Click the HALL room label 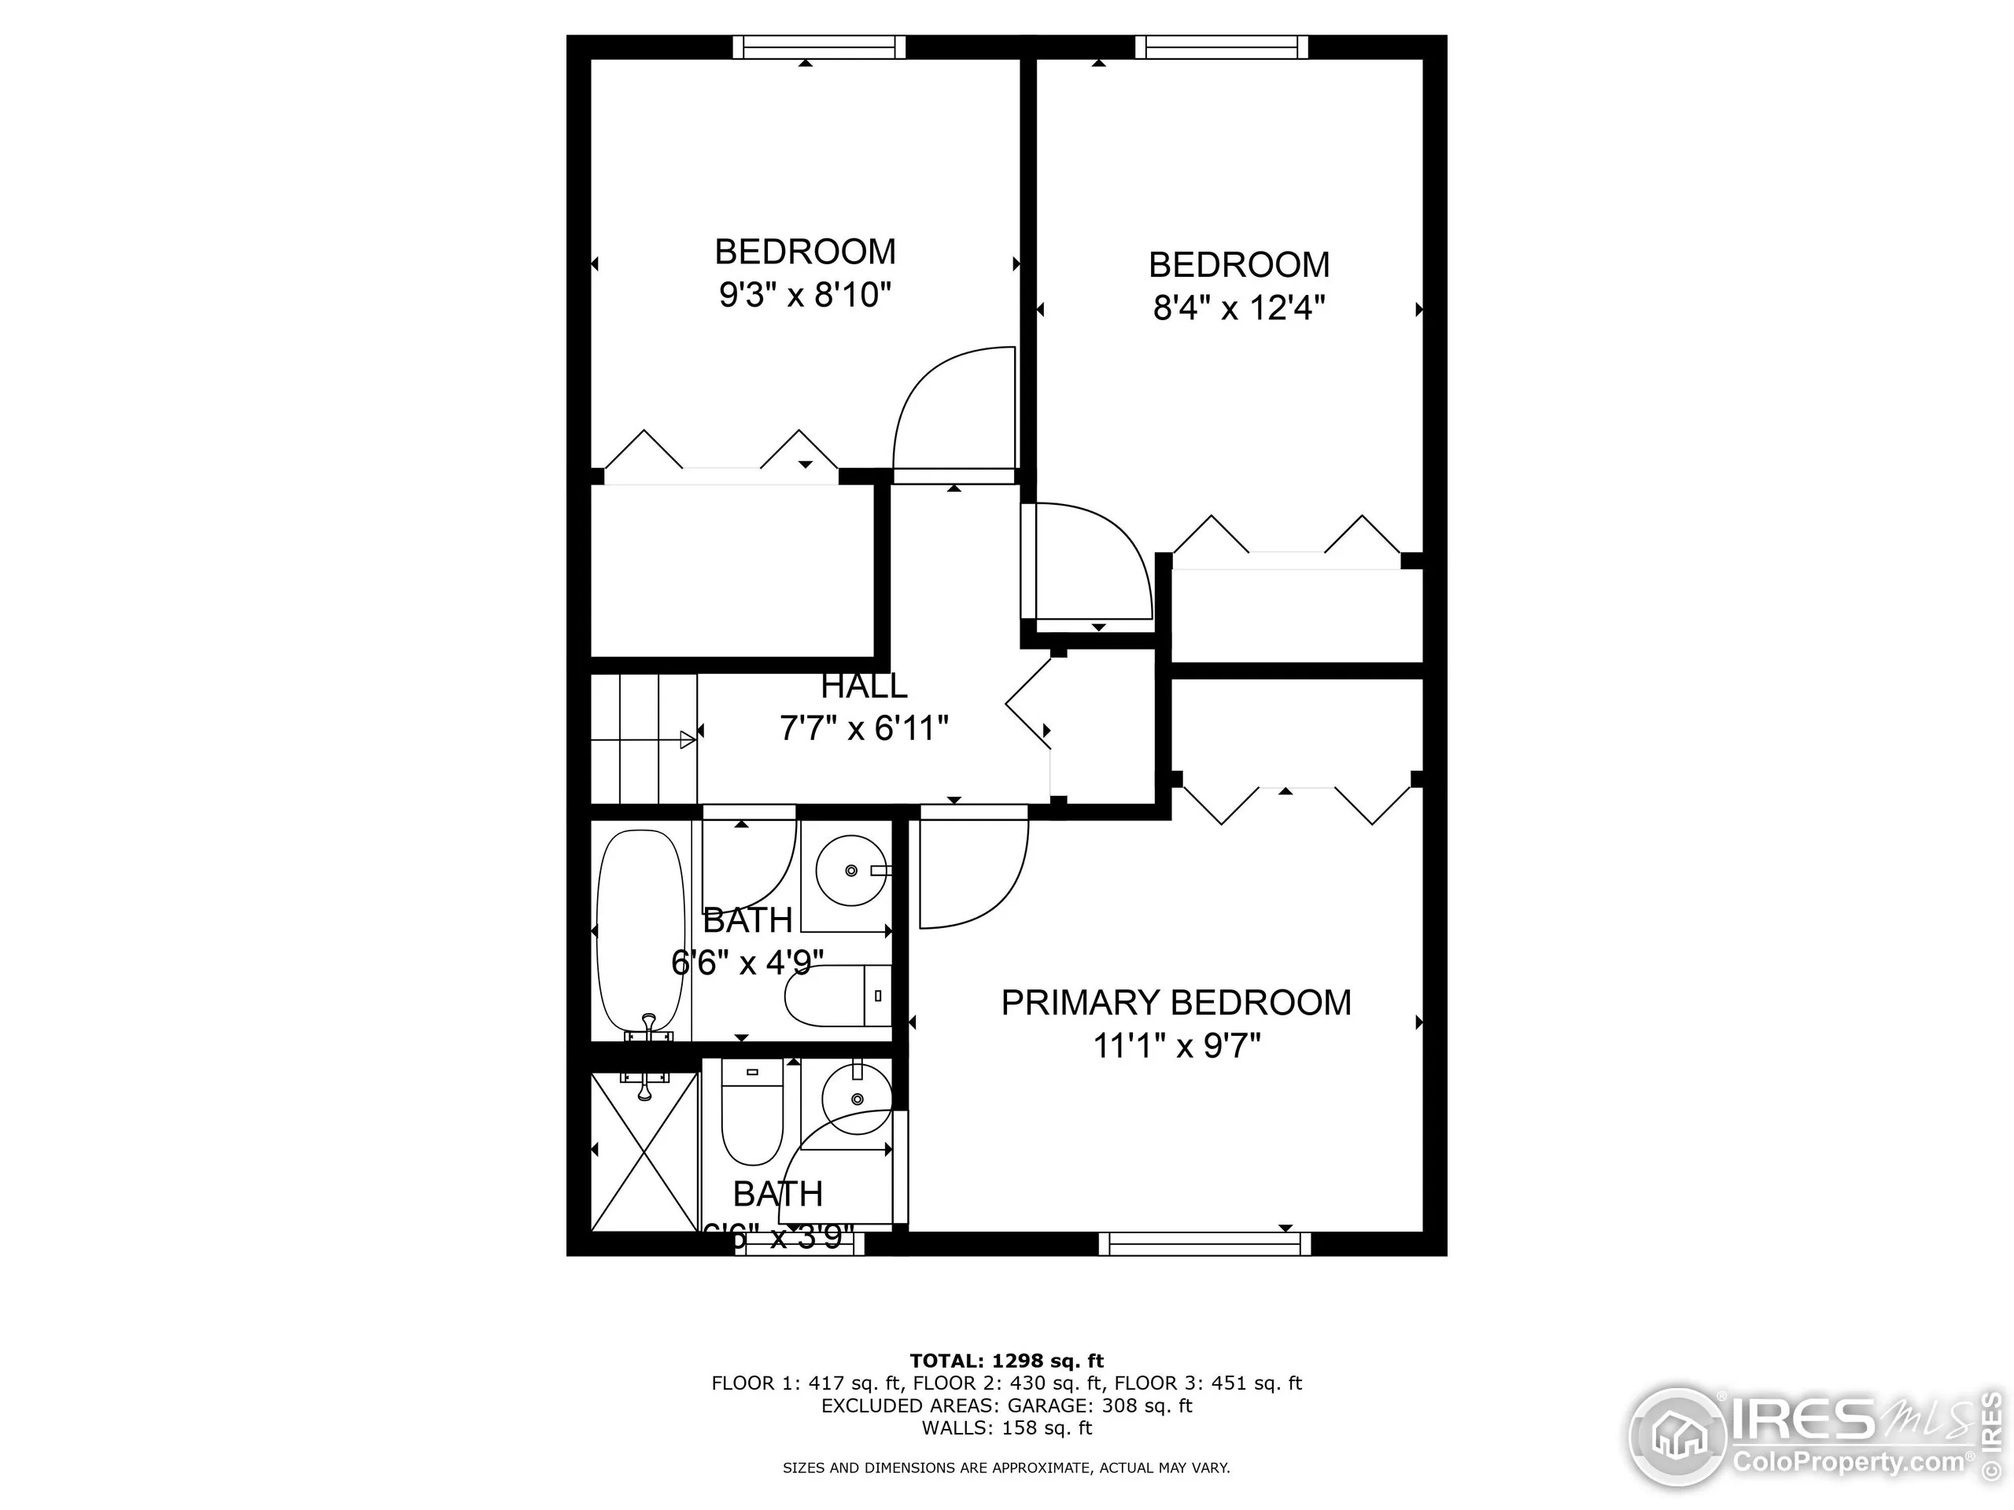[x=863, y=685]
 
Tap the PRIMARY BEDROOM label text [x=1175, y=1002]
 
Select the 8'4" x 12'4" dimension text [x=1238, y=308]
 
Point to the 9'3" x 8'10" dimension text [x=805, y=295]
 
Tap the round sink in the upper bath [x=850, y=871]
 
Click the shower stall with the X [x=644, y=1151]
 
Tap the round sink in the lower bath [x=856, y=1099]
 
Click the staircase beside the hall [x=644, y=739]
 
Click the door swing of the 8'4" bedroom [x=1088, y=562]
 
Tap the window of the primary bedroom [x=1204, y=1243]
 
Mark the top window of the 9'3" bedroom [x=820, y=47]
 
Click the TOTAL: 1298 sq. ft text [x=1006, y=1361]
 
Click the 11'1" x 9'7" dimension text [x=1175, y=1046]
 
